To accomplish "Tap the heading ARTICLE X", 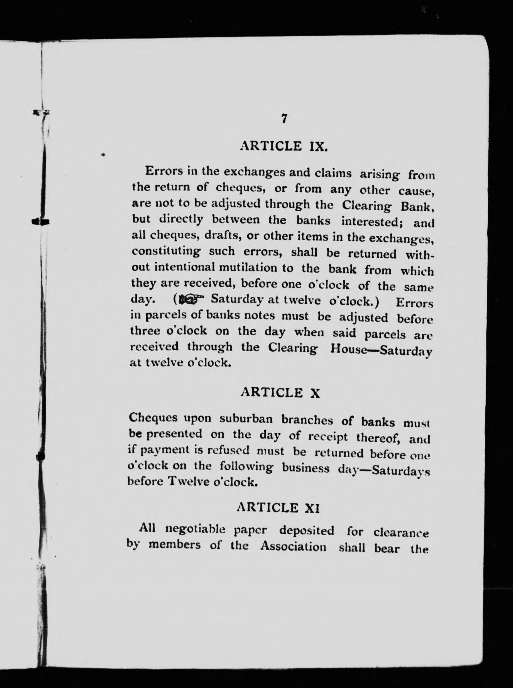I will (x=280, y=393).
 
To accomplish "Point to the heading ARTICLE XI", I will (x=278, y=508).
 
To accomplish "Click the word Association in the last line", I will (x=293, y=546).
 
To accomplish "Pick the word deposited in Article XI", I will (x=307, y=531).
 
